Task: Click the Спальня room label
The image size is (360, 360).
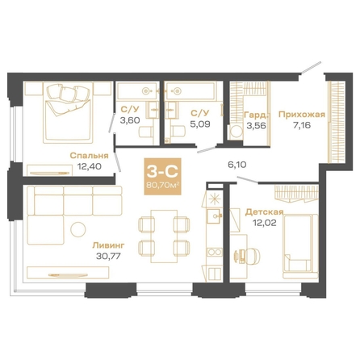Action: point(89,156)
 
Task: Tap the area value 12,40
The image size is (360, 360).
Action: point(90,166)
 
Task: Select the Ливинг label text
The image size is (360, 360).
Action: point(108,245)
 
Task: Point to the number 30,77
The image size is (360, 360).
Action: point(108,256)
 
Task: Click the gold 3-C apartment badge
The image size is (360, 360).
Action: point(162,176)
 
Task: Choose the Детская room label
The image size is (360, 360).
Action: point(264,212)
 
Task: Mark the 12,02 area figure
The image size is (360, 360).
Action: point(264,223)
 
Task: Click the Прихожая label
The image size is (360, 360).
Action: point(302,115)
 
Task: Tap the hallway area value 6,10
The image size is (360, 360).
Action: point(237,165)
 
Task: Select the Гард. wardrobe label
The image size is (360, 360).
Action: point(256,115)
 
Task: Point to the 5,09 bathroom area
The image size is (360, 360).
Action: point(200,124)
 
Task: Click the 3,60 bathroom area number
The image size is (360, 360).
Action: point(130,120)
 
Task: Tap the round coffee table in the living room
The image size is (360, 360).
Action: point(78,229)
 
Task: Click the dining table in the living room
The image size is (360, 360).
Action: point(164,237)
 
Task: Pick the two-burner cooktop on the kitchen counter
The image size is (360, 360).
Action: point(215,253)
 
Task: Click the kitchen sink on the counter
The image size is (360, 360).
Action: point(214,216)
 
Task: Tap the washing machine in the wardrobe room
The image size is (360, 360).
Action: point(237,132)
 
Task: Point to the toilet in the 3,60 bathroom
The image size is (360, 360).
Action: point(146,132)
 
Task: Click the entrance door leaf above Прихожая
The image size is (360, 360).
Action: point(312,68)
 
